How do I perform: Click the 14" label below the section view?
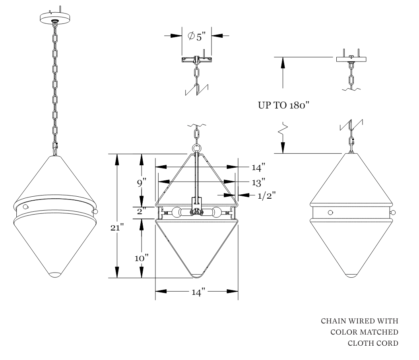click(x=198, y=292)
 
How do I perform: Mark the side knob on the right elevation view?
click(x=393, y=213)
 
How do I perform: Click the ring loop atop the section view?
click(x=197, y=149)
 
